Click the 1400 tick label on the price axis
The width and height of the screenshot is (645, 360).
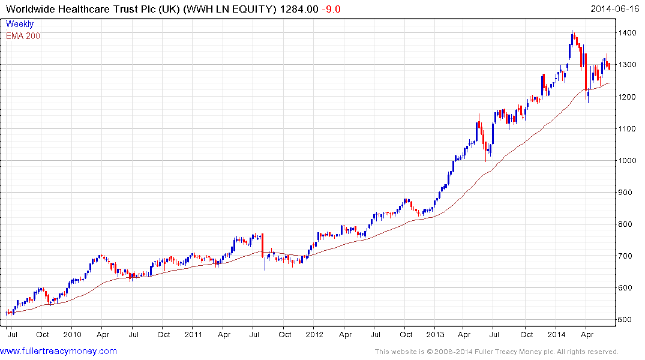[628, 33]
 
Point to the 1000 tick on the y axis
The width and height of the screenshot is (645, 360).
[628, 160]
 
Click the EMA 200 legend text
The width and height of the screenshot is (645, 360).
[23, 36]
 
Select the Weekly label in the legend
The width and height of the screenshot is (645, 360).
[20, 25]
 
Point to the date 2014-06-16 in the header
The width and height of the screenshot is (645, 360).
[615, 9]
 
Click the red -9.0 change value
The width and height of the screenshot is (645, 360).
[331, 9]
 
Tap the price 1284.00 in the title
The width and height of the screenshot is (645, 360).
[298, 9]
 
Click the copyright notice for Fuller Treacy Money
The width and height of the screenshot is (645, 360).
[496, 352]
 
